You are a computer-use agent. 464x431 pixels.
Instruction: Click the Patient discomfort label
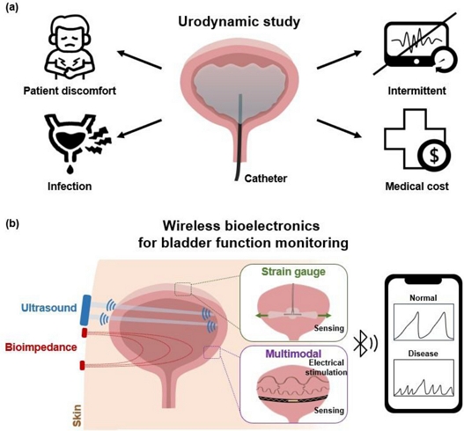[70, 91]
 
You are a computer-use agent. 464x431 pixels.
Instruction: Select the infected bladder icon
[77, 142]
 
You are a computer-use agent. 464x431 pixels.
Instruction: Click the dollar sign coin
[434, 156]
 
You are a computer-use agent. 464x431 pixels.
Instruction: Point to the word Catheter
[265, 179]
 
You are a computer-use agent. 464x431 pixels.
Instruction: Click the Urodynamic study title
[239, 22]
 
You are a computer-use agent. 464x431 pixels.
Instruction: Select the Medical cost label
[417, 186]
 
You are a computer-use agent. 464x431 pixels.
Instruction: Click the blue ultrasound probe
[86, 310]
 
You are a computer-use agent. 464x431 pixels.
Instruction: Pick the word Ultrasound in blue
[48, 308]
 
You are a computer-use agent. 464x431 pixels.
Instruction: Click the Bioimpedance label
[41, 347]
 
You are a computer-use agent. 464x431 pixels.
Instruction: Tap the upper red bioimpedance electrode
[84, 332]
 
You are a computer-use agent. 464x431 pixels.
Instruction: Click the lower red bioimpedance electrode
[82, 365]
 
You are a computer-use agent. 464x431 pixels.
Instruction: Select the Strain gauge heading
[292, 272]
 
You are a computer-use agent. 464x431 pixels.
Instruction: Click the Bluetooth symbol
[361, 346]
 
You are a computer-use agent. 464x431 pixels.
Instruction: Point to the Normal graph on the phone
[423, 321]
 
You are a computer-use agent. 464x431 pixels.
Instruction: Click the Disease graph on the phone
[423, 377]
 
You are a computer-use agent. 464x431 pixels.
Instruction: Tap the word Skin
[77, 417]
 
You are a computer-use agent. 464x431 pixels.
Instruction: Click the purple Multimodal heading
[293, 354]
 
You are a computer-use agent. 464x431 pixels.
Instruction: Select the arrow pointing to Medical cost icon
[340, 128]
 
